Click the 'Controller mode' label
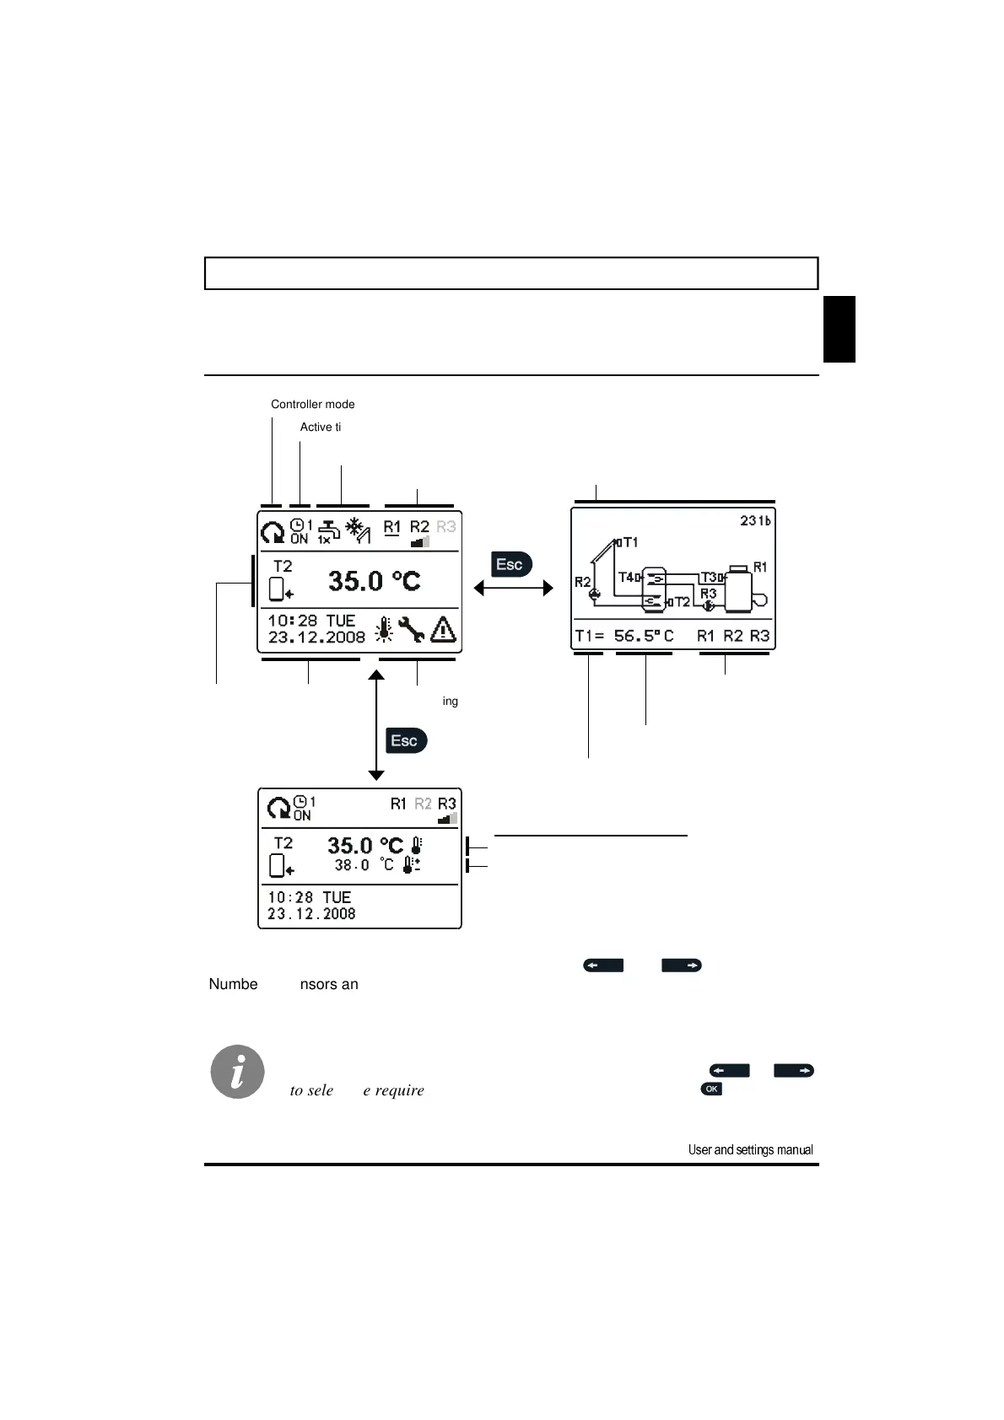[312, 405]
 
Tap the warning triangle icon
[443, 629]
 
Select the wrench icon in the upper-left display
[412, 629]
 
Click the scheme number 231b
[755, 521]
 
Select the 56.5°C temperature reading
[643, 636]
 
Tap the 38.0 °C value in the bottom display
[352, 865]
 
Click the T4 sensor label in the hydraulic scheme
[629, 578]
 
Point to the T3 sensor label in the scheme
[711, 578]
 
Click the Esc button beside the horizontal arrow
[510, 564]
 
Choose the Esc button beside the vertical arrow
[406, 740]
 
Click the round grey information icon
[238, 1072]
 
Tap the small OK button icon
[711, 1089]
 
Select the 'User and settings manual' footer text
[750, 1149]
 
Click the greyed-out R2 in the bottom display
[423, 804]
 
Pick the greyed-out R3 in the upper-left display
[445, 527]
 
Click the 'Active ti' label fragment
[320, 428]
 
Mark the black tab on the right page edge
[839, 329]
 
